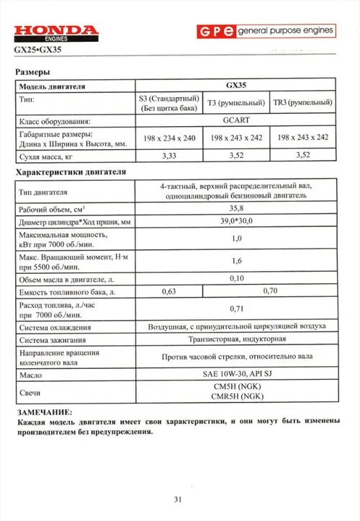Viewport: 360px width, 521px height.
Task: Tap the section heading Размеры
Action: tap(33, 73)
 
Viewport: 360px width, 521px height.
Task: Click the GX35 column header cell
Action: tap(236, 86)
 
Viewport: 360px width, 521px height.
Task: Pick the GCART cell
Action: tap(236, 120)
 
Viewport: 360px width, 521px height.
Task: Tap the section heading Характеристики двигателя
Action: tap(71, 173)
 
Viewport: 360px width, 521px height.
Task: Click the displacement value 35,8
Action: tap(236, 208)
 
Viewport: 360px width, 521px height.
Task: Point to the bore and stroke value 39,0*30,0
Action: tap(236, 221)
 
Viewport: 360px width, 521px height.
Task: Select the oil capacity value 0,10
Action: tap(236, 277)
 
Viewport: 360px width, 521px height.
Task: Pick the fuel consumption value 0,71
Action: tap(236, 308)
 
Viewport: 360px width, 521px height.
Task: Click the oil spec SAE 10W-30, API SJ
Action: tap(236, 375)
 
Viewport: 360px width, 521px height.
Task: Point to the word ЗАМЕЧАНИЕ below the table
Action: tap(44, 410)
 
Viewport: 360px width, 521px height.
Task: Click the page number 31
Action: tap(179, 498)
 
